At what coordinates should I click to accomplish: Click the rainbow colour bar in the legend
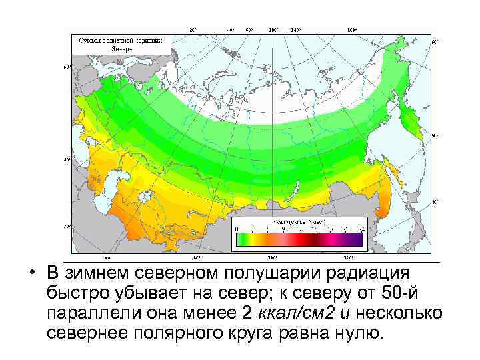[x=299, y=238]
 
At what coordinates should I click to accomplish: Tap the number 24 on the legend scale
[x=361, y=229]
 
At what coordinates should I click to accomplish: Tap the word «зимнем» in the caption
[x=97, y=275]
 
